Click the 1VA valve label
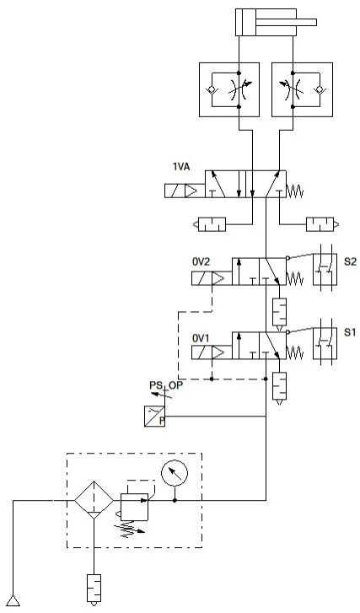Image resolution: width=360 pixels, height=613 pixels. point(181,167)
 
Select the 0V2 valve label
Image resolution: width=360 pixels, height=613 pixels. point(201,261)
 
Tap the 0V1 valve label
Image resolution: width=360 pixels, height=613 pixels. point(201,338)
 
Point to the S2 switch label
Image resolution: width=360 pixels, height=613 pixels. point(350,261)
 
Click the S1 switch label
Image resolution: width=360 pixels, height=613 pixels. point(350,332)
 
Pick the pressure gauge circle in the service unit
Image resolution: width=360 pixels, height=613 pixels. point(175,472)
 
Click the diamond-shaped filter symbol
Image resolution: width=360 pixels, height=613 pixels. point(94,500)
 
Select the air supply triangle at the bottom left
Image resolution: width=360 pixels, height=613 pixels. point(13,600)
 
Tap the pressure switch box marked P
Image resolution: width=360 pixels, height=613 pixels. point(154,416)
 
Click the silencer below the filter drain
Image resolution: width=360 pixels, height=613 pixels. point(94,589)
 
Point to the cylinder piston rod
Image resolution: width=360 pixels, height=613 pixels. point(286,22)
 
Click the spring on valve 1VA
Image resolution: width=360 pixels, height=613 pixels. point(295,191)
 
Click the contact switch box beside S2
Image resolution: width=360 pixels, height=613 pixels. point(325,269)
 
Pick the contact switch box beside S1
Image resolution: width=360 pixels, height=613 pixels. point(325,342)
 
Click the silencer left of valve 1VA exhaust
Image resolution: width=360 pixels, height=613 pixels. point(210,224)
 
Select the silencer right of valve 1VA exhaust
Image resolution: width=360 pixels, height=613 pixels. point(322,224)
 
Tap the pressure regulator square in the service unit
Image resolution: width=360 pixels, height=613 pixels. point(134,507)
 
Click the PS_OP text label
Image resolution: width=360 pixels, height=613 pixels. point(166,385)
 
